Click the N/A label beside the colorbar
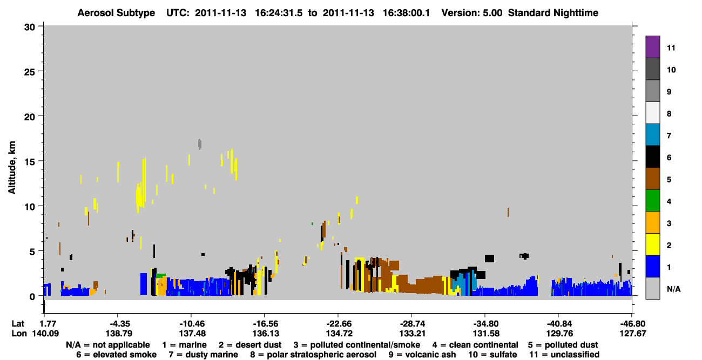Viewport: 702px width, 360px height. (673, 289)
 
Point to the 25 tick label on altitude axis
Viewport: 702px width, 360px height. (30, 72)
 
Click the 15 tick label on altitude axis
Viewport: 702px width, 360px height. (30, 161)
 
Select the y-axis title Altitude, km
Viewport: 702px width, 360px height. (11, 168)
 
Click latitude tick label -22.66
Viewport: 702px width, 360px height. (338, 324)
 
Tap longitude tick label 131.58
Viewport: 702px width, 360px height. (485, 334)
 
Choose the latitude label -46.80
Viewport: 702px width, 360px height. (632, 324)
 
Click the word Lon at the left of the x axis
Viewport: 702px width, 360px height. (19, 334)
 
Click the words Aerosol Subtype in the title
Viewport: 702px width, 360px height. (116, 13)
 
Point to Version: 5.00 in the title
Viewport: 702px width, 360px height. (472, 13)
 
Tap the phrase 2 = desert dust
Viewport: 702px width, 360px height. (250, 345)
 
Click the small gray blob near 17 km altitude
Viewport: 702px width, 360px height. (200, 144)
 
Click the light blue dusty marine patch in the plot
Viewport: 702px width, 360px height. (465, 283)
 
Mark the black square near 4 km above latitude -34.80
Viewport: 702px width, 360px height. (489, 259)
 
